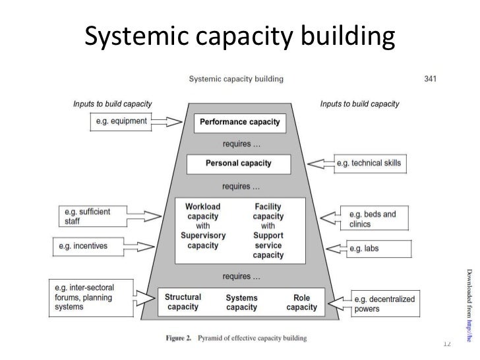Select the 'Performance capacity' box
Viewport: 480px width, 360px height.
[x=239, y=122]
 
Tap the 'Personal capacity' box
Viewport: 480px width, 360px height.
[x=239, y=164]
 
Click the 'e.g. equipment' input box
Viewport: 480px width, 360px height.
[x=119, y=121]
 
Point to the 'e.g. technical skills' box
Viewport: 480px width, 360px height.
[x=368, y=163]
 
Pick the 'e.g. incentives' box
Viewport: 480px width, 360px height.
[x=91, y=247]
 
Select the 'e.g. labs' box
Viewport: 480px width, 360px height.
[x=374, y=249]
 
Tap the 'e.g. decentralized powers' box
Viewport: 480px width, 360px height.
[x=383, y=304]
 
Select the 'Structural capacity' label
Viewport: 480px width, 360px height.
[x=183, y=302]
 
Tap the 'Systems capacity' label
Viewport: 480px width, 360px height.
[x=242, y=302]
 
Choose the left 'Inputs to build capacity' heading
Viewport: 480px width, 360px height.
[x=112, y=104]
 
